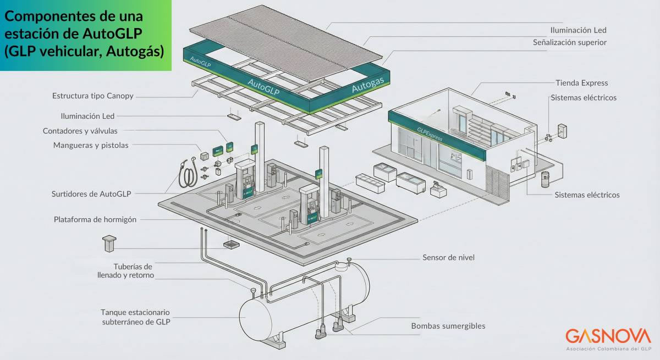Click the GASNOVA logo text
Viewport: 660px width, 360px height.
tap(608, 336)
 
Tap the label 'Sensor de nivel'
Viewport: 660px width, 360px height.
tap(448, 257)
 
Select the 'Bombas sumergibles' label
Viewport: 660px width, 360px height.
tap(448, 326)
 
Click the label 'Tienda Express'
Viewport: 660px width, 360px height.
tap(581, 83)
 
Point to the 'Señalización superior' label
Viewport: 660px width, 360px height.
tap(570, 42)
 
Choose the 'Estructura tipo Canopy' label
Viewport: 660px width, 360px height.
tap(93, 96)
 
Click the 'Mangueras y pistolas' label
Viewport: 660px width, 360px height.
tap(91, 145)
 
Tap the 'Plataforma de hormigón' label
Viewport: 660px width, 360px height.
tap(95, 219)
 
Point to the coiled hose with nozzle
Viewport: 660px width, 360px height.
tap(189, 173)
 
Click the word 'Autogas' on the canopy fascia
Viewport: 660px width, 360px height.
tap(367, 86)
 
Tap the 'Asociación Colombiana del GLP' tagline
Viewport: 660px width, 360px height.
tap(608, 349)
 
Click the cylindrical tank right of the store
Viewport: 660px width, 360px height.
tap(546, 179)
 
